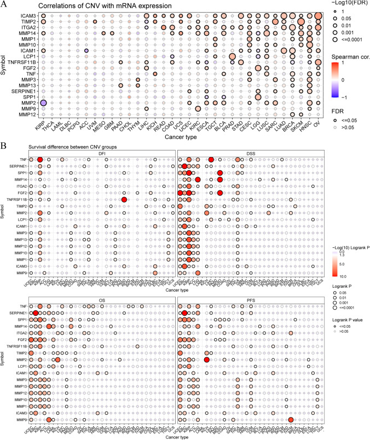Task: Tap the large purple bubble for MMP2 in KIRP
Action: click(x=43, y=103)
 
